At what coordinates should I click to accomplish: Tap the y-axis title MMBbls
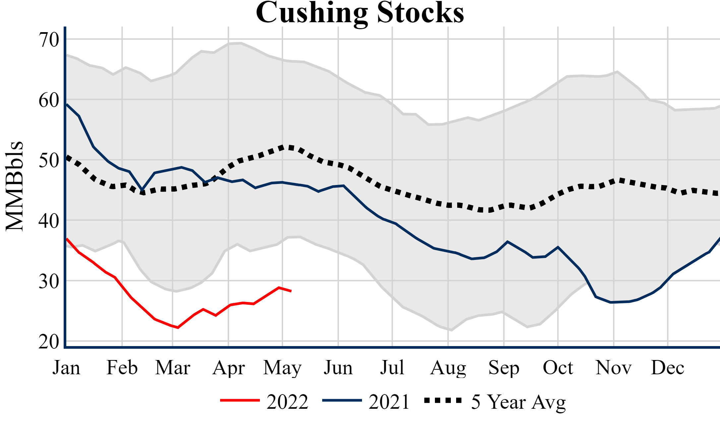[x=15, y=186]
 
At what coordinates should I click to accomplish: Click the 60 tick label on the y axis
[x=49, y=100]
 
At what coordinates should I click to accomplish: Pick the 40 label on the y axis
[x=49, y=221]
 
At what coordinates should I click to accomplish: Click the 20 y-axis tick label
[x=49, y=341]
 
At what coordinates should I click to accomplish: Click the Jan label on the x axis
[x=66, y=368]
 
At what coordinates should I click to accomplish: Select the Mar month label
[x=173, y=368]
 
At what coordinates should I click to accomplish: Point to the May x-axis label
[x=282, y=368]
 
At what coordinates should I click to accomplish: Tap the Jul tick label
[x=392, y=368]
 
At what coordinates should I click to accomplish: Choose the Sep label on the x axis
[x=504, y=368]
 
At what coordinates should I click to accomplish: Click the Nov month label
[x=614, y=368]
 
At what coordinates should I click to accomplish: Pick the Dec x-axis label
[x=668, y=368]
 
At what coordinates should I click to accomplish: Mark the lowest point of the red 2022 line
[x=178, y=328]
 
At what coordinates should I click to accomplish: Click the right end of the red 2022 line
[x=291, y=291]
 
